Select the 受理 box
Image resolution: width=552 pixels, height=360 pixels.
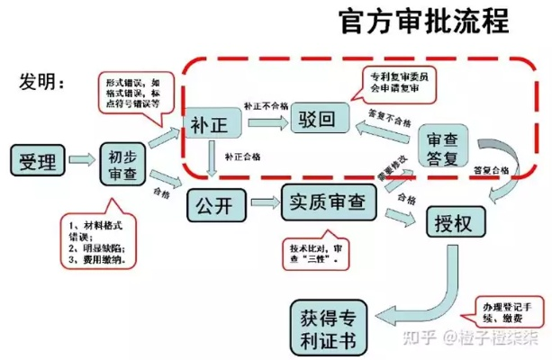(x=38, y=162)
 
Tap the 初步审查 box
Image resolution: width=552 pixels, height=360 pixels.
(x=123, y=162)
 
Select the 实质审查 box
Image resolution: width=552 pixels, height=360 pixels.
(x=328, y=202)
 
